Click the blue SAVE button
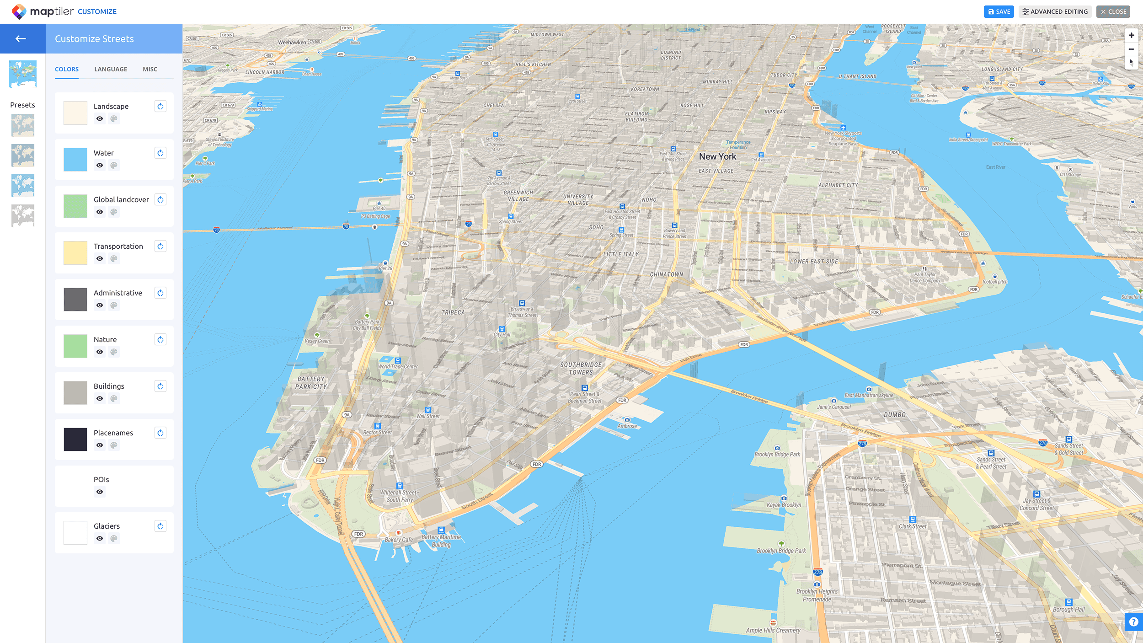[x=999, y=12]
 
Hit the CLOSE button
[x=1113, y=12]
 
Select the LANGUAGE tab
[x=111, y=70]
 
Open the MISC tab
[x=150, y=70]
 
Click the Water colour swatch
[x=75, y=159]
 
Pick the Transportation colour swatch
[x=75, y=252]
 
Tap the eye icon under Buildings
[x=100, y=399]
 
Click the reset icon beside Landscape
[x=160, y=107]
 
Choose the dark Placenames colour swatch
[x=75, y=439]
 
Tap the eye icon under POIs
[x=100, y=492]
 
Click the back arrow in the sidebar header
[x=21, y=39]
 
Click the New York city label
[x=717, y=156]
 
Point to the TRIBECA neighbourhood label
[x=453, y=312]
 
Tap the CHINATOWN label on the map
[x=666, y=274]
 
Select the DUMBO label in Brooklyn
[x=894, y=415]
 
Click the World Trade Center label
[x=398, y=366]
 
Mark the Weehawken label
[x=292, y=43]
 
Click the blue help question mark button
[x=1133, y=622]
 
